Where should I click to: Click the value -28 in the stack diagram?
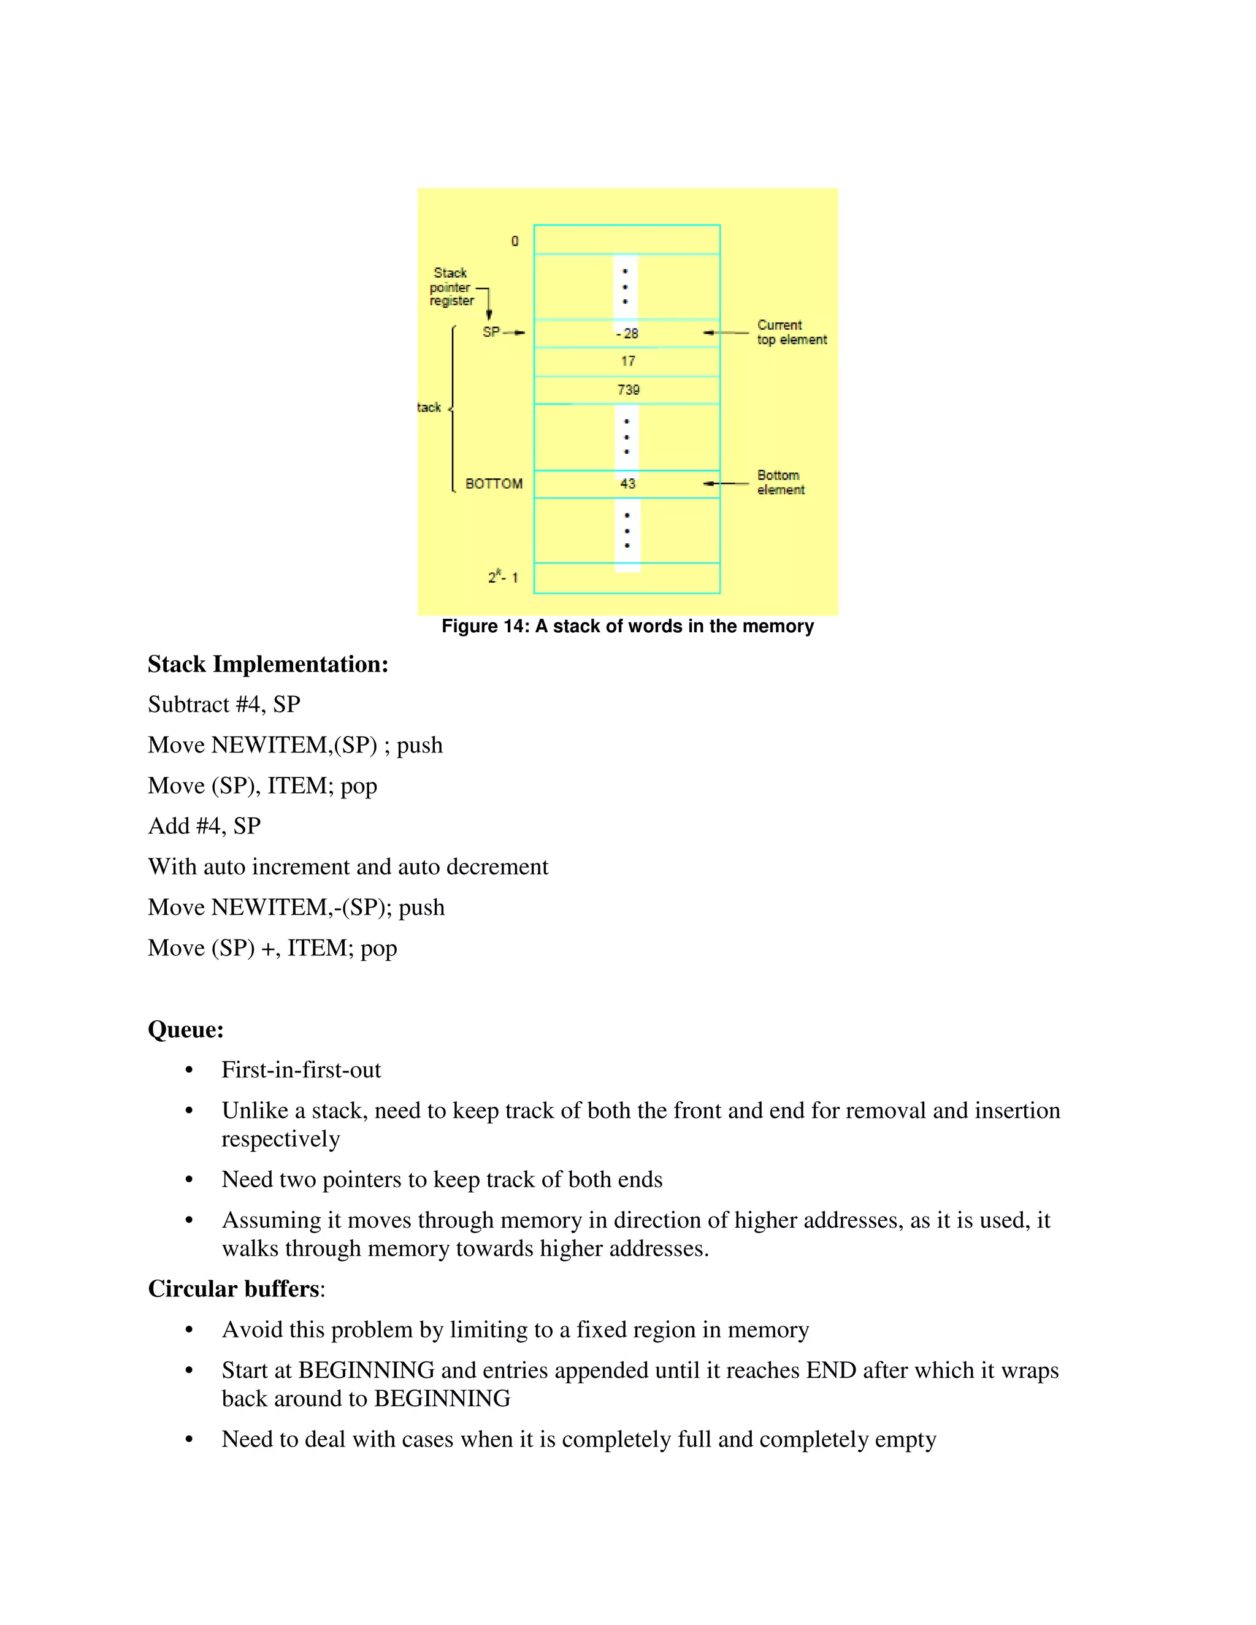(x=627, y=334)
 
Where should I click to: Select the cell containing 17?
(x=628, y=362)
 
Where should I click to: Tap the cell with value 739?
(x=628, y=390)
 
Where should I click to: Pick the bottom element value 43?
(x=628, y=484)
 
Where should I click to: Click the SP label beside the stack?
(x=491, y=332)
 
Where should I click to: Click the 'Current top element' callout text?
(x=792, y=332)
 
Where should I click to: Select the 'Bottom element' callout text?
(x=781, y=482)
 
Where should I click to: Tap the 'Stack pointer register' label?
(x=451, y=286)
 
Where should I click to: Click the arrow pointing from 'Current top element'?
(x=726, y=332)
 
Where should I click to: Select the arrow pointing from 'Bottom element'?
(x=726, y=484)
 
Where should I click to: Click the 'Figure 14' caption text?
(x=627, y=627)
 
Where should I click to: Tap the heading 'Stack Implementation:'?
(x=268, y=665)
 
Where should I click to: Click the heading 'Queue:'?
(x=185, y=1030)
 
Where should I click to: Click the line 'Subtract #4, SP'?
(x=224, y=705)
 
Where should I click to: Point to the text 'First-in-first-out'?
(x=301, y=1070)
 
